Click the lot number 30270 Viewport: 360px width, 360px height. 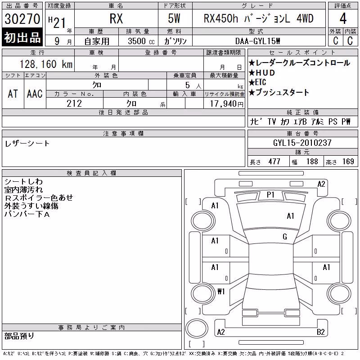[22, 18]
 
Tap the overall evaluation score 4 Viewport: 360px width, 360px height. [343, 18]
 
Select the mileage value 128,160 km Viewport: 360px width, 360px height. [46, 64]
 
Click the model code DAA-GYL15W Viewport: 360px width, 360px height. [257, 41]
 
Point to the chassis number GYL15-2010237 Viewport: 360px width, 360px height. [302, 143]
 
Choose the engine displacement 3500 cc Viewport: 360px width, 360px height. [141, 41]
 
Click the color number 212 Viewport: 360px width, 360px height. [74, 103]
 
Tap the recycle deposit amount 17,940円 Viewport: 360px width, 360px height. [226, 104]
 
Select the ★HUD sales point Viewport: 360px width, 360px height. [262, 73]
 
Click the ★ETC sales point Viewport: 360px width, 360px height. [257, 82]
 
